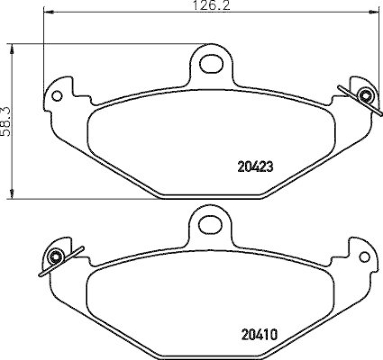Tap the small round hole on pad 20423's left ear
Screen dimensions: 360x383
coord(57,96)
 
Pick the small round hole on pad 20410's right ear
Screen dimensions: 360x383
coord(364,257)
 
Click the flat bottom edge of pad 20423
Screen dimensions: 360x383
coord(211,195)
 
